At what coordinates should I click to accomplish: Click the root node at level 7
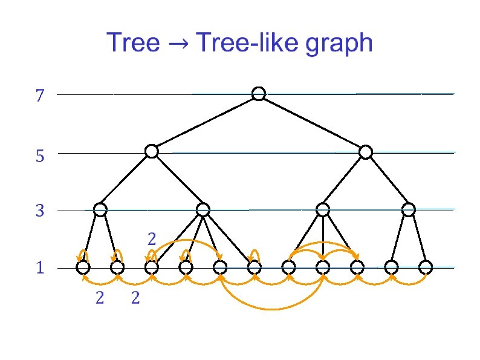tap(259, 94)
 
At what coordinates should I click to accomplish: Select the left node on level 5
tap(152, 151)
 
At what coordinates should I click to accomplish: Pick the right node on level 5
tap(366, 152)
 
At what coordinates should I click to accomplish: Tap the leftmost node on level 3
tap(100, 210)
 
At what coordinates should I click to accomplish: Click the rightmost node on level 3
tap(409, 210)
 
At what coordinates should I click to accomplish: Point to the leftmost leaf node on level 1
tap(83, 267)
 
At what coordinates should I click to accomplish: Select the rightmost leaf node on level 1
tap(426, 267)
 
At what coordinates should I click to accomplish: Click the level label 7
tap(40, 96)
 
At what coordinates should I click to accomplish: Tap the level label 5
tap(40, 157)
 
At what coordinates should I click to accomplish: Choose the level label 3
tap(40, 212)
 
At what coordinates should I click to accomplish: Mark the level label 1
tap(40, 268)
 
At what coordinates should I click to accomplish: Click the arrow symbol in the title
tap(180, 44)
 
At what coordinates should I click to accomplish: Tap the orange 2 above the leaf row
tap(152, 239)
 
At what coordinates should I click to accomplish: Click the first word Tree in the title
tap(134, 44)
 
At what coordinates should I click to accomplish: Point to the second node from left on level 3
tap(203, 210)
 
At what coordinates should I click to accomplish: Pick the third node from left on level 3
tap(323, 210)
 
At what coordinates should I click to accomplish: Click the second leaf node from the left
tap(118, 267)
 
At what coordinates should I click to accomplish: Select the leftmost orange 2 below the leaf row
tap(100, 298)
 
